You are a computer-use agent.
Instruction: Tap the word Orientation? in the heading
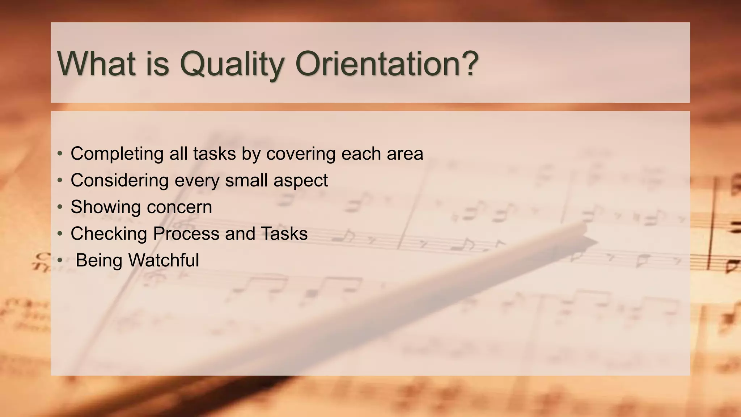pyautogui.click(x=387, y=63)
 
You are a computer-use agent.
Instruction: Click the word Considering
pyautogui.click(x=120, y=180)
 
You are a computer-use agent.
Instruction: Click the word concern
pyautogui.click(x=179, y=207)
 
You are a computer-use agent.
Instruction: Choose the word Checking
pyautogui.click(x=109, y=234)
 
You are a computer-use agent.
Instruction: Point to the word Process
pyautogui.click(x=186, y=234)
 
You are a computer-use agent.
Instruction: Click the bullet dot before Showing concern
pyautogui.click(x=60, y=207)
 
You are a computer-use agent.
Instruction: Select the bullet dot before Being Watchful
pyautogui.click(x=60, y=260)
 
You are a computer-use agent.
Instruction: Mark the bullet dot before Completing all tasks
pyautogui.click(x=60, y=153)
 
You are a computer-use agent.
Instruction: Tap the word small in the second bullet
pyautogui.click(x=246, y=180)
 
